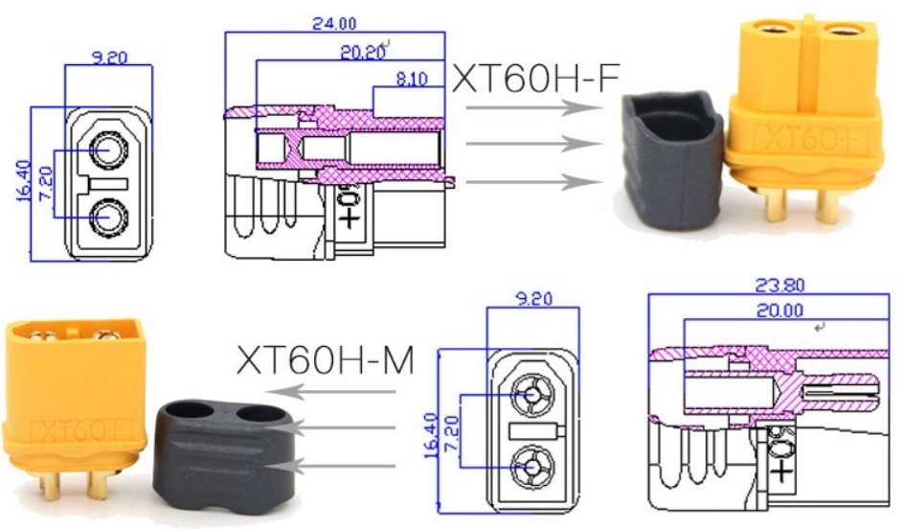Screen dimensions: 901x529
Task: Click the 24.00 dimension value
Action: [x=334, y=24]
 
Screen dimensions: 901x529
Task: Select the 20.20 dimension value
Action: [x=363, y=53]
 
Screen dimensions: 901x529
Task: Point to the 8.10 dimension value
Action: [x=412, y=79]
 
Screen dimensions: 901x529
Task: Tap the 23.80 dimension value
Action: [x=779, y=286]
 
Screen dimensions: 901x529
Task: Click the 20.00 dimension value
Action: [x=779, y=310]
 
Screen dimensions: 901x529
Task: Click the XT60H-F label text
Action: [x=535, y=79]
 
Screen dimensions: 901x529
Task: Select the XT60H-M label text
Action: [x=326, y=360]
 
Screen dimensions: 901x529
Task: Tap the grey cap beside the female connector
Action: [x=672, y=159]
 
